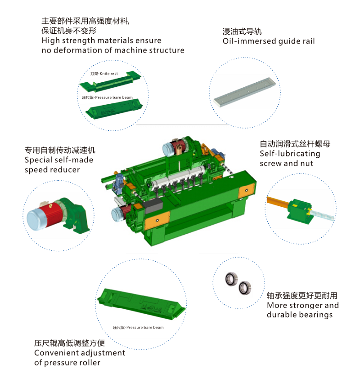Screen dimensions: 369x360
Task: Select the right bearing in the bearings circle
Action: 245,286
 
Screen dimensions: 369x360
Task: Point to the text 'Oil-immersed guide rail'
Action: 269,41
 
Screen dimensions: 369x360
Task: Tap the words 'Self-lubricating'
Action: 290,154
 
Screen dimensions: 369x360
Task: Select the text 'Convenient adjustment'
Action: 80,353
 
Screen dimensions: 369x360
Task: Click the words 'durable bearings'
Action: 299,315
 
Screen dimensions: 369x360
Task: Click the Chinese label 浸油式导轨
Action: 242,31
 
